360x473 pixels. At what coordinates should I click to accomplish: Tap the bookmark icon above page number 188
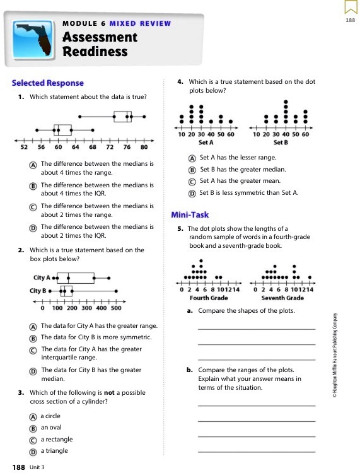tap(350, 8)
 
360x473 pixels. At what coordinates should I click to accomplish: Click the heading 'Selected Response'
tap(48, 83)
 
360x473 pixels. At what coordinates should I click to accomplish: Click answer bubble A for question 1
tap(32, 164)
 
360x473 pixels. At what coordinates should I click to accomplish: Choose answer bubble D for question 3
tap(32, 451)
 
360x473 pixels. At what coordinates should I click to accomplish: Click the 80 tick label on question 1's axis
tap(144, 147)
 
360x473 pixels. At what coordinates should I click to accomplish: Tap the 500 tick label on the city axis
tap(116, 308)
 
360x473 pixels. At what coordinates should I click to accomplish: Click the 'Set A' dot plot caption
tap(206, 143)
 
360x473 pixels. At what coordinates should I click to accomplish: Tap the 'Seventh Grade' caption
tap(282, 298)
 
